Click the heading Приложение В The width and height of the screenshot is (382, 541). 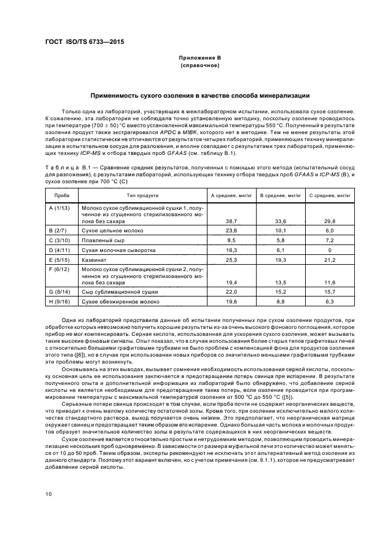pos(199,58)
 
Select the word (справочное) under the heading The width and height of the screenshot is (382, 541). pos(199,66)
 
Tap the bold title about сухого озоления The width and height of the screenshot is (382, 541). pos(199,95)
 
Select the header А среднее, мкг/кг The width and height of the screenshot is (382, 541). pos(232,196)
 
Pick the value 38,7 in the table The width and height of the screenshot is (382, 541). pos(233,221)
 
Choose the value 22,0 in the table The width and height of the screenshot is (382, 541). pos(233,292)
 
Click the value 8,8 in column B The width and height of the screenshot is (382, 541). pos(281,302)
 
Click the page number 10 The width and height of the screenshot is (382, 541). pos(50,494)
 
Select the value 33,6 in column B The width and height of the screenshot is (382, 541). pos(281,221)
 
